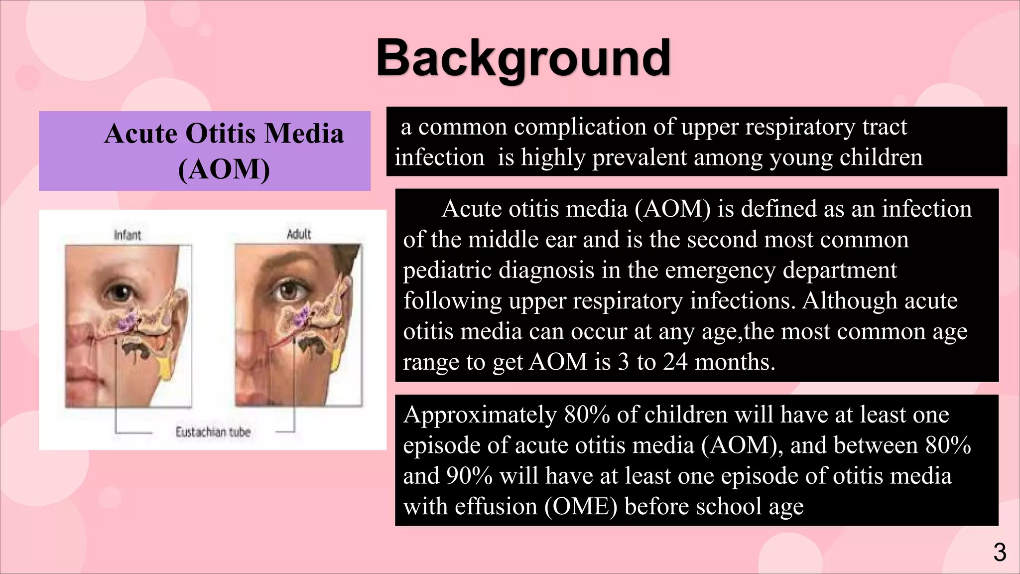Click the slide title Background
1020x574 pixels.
pos(523,59)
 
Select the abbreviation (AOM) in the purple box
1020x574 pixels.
pos(224,169)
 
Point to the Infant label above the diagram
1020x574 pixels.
pos(127,235)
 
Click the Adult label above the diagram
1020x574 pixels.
pos(299,234)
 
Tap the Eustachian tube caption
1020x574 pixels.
pos(213,432)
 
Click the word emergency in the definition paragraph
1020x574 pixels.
pos(720,270)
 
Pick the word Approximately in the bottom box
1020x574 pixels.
pos(480,415)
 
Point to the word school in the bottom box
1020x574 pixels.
pos(728,507)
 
